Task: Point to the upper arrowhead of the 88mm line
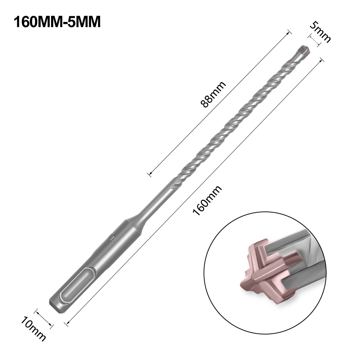[x=288, y=33]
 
